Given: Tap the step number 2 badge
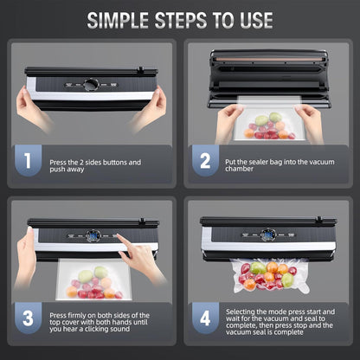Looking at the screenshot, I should [x=204, y=161].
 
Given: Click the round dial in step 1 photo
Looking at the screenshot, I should [x=91, y=85].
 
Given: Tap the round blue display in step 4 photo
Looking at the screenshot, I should [x=267, y=235].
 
